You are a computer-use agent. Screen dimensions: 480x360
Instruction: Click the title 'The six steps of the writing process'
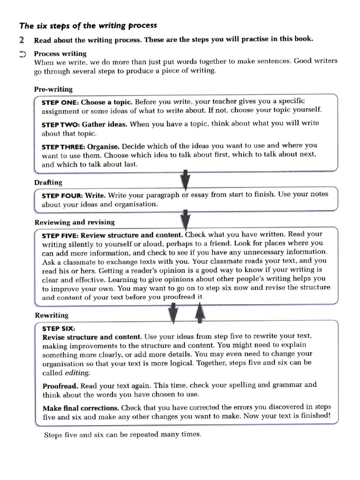(x=88, y=25)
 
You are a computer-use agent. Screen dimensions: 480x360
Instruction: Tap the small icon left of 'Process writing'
(x=22, y=54)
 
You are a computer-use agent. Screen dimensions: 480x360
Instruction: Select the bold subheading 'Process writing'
(x=60, y=54)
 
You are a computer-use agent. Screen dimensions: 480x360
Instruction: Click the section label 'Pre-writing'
(x=53, y=89)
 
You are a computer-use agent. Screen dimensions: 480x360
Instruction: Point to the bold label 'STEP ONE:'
(x=60, y=102)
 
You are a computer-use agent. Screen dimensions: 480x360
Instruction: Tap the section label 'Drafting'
(x=48, y=182)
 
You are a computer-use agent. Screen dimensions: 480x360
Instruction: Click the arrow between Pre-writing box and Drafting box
(x=185, y=180)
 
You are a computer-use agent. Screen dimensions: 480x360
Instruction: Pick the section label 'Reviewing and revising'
(x=74, y=222)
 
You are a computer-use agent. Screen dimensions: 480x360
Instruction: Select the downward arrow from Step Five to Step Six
(x=173, y=313)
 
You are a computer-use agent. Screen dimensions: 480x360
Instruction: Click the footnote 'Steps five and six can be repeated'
(x=122, y=435)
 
